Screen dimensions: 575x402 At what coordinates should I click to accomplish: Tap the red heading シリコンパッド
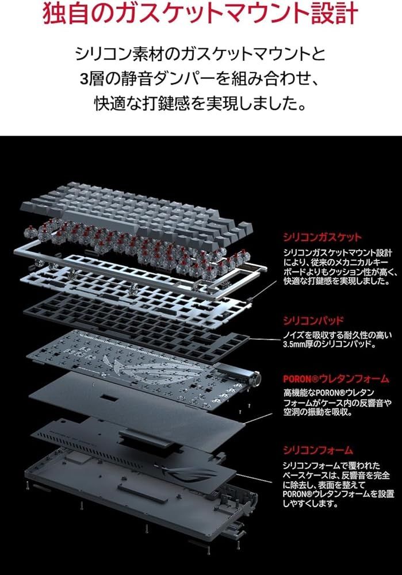(313, 320)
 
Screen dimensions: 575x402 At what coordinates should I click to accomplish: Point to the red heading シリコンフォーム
(317, 450)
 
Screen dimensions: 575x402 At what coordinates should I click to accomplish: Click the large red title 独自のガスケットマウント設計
(201, 15)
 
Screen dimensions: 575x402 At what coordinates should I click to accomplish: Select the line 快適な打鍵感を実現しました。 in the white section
(201, 103)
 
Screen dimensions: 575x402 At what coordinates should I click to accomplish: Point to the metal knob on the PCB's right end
(254, 379)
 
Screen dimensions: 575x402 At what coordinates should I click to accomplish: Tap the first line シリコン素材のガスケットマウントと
(201, 55)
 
